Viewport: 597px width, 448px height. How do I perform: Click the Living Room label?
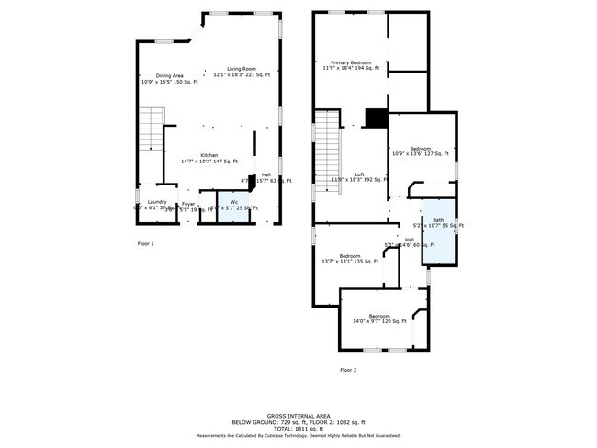coord(242,72)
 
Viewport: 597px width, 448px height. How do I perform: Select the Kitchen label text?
coord(209,158)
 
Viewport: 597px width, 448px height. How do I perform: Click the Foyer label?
coord(188,206)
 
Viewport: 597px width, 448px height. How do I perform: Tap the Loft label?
coord(360,177)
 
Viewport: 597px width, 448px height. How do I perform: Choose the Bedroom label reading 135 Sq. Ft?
coord(350,258)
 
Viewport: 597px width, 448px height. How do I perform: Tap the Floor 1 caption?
coord(145,243)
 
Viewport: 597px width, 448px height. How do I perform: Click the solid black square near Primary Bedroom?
coord(377,118)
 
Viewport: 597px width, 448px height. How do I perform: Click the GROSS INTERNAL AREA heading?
coord(298,415)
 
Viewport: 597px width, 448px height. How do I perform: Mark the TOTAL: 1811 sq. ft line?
coord(298,428)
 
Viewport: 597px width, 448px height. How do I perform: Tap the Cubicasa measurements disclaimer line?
coord(298,436)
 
